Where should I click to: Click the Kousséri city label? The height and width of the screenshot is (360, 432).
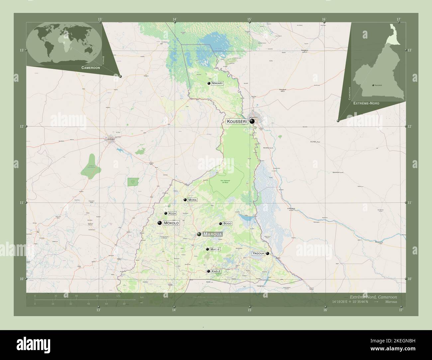[x=237, y=122]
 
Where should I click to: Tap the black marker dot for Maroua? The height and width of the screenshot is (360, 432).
[x=199, y=234]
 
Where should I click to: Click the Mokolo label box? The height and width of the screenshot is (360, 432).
[x=171, y=223]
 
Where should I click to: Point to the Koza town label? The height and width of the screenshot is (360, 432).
[x=172, y=213]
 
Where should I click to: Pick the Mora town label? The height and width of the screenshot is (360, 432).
[x=192, y=200]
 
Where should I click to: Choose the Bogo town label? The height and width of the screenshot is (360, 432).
[x=227, y=224]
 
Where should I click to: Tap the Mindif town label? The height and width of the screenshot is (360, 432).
[x=215, y=249]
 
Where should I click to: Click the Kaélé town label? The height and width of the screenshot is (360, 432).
[x=216, y=271]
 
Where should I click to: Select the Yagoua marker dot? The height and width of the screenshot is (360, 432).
[x=268, y=253]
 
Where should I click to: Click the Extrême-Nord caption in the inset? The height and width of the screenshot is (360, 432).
[x=366, y=104]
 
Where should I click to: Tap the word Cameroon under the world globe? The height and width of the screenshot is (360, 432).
[x=90, y=67]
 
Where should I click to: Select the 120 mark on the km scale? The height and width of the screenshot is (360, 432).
[x=118, y=296]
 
